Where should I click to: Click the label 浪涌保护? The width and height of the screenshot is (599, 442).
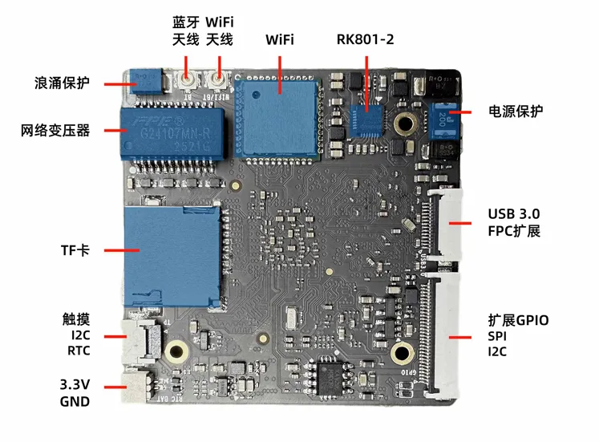[62, 83]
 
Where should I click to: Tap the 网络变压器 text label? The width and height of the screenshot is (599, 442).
[55, 130]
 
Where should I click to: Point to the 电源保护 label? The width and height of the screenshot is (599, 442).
[516, 112]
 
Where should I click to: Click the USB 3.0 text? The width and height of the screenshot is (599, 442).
[514, 214]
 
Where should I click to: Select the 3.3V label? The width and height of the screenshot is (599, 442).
[75, 384]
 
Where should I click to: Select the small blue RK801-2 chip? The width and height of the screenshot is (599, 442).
[369, 121]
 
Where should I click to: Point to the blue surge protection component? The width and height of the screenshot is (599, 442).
[145, 80]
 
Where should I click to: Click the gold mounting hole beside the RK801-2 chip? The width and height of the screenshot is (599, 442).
[405, 124]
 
